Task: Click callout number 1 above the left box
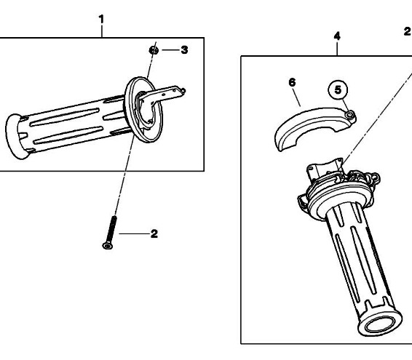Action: click(x=101, y=20)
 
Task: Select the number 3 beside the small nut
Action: click(x=184, y=50)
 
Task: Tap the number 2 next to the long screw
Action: click(x=154, y=233)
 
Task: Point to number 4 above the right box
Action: click(x=337, y=36)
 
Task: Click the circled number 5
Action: click(x=338, y=89)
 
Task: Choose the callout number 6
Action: click(x=292, y=82)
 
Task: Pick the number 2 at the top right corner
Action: click(x=407, y=31)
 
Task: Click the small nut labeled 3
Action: click(x=154, y=50)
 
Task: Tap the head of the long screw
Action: click(x=107, y=246)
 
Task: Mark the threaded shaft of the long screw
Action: click(x=111, y=228)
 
